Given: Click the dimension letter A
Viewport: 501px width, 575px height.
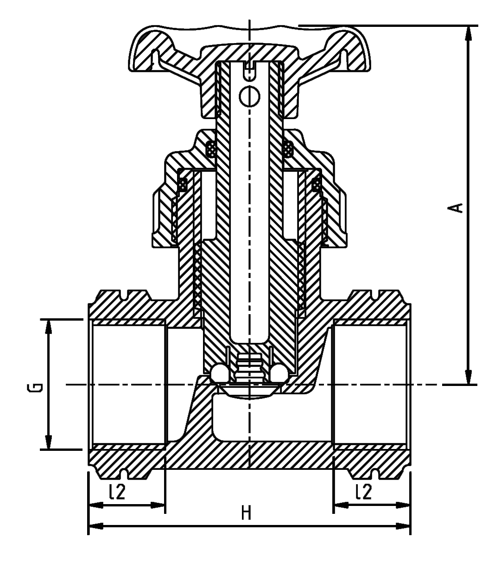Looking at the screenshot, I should [458, 207].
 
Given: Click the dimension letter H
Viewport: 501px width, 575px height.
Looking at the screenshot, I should [247, 512].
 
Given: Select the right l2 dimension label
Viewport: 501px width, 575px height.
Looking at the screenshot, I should [364, 492].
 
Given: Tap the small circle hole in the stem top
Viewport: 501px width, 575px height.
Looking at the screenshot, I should [249, 95].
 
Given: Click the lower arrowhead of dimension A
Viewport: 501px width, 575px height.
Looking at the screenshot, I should [469, 378].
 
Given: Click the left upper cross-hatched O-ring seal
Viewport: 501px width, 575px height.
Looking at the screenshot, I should [211, 149].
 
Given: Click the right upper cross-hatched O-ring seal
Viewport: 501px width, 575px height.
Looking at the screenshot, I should [288, 149].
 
